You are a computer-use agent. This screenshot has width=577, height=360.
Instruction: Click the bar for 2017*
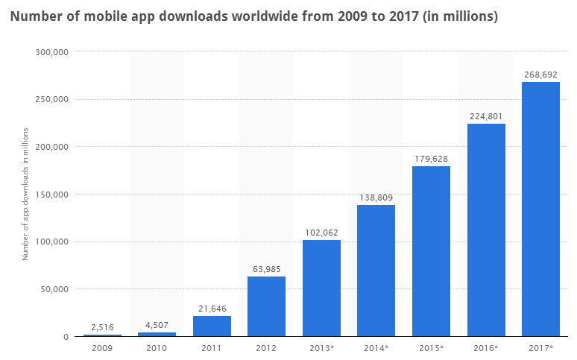pyautogui.click(x=540, y=209)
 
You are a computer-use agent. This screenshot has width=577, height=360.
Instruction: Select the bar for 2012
pyautogui.click(x=266, y=306)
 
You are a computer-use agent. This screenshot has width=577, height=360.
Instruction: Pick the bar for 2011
pyautogui.click(x=212, y=326)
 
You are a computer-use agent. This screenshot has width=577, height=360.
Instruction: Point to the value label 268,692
pyautogui.click(x=540, y=75)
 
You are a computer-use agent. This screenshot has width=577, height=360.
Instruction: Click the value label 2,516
pyautogui.click(x=102, y=327)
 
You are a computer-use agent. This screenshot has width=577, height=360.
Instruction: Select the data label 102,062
pyautogui.click(x=321, y=233)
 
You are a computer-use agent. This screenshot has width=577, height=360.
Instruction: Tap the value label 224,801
pyautogui.click(x=486, y=116)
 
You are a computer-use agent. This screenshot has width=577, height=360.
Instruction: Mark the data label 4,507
pyautogui.click(x=157, y=325)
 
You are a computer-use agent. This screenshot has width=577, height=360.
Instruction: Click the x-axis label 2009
pyautogui.click(x=102, y=348)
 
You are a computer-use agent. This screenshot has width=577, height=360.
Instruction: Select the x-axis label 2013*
pyautogui.click(x=321, y=348)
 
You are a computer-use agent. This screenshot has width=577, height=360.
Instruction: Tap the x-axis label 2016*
pyautogui.click(x=486, y=348)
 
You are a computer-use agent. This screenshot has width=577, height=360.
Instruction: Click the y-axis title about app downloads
pyautogui.click(x=25, y=194)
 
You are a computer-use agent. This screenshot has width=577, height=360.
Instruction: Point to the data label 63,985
pyautogui.click(x=266, y=269)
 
